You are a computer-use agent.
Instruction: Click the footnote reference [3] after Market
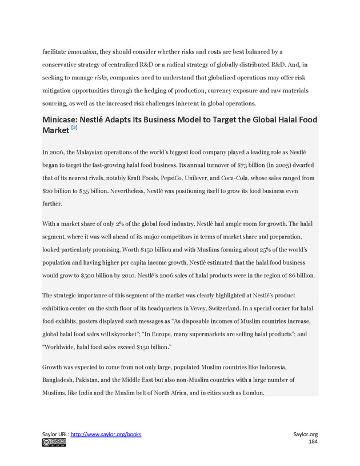click(x=74, y=128)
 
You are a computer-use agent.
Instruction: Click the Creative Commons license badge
click(x=53, y=443)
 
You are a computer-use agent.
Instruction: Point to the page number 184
click(x=313, y=442)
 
